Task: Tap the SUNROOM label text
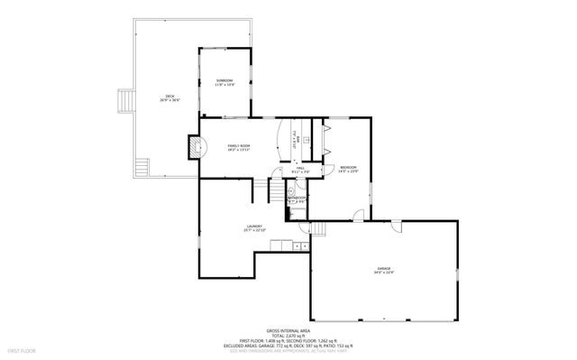224,83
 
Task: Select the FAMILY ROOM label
238,147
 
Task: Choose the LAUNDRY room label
253,228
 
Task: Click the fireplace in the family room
192,146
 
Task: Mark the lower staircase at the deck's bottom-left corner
139,167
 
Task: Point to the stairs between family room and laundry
260,189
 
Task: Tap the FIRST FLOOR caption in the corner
20,348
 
